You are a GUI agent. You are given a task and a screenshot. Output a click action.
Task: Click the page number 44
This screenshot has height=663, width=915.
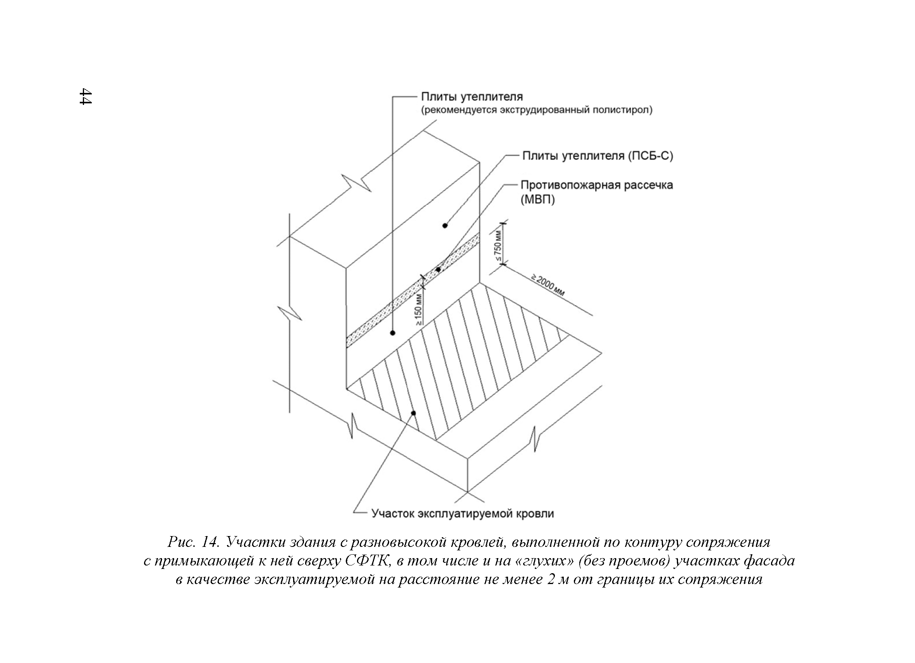[x=86, y=96]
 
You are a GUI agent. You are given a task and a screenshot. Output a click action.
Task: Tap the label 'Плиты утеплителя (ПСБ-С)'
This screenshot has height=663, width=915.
[x=597, y=156]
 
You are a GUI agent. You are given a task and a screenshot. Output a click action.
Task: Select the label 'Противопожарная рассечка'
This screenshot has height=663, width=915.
[x=597, y=185]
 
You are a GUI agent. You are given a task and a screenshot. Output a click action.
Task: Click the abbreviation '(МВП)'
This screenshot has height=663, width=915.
[x=538, y=200]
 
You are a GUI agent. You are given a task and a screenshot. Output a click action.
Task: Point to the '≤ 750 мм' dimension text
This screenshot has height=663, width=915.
[x=498, y=246]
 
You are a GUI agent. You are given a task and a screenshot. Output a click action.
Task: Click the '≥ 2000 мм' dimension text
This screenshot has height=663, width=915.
[x=548, y=285]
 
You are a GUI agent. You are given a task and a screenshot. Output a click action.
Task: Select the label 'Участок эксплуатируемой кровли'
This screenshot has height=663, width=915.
[x=462, y=513]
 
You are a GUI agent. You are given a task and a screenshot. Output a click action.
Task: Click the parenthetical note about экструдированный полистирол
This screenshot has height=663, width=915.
[x=537, y=110]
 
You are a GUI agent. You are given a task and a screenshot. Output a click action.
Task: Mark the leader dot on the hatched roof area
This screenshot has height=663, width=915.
[x=413, y=413]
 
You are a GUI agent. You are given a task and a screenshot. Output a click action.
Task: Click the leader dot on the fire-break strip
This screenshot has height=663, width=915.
[x=438, y=269]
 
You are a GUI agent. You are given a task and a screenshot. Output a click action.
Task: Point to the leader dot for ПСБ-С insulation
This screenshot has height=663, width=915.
[x=445, y=225]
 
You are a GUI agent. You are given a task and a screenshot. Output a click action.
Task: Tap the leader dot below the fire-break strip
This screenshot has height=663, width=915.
[x=393, y=333]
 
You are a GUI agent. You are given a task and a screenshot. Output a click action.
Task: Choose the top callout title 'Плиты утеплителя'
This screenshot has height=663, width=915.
[x=472, y=97]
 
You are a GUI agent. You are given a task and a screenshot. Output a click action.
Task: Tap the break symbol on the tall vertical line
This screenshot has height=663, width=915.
[x=290, y=313]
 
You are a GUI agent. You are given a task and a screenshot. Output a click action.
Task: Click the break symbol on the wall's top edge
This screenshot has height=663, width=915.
[x=356, y=183]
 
